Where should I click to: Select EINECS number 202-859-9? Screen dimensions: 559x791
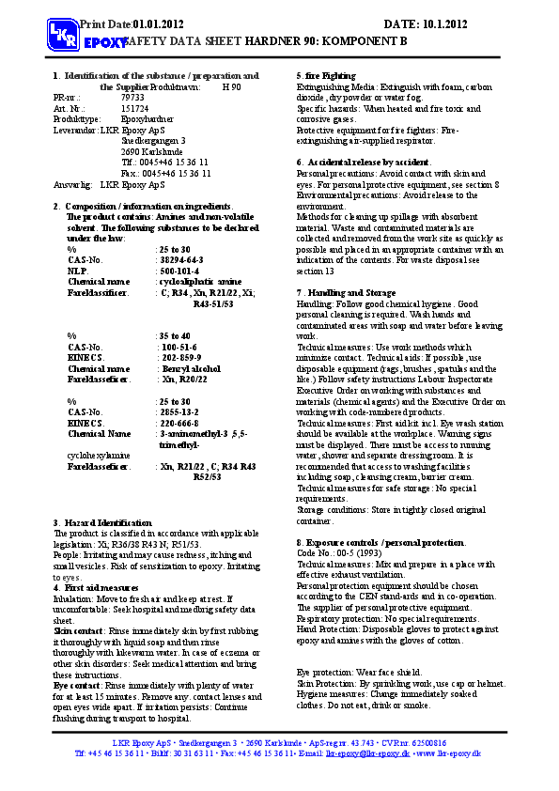(181, 358)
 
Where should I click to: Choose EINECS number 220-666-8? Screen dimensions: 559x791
(181, 424)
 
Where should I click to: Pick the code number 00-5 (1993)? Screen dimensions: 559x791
(352, 553)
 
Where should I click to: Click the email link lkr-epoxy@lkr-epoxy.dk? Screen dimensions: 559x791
(367, 753)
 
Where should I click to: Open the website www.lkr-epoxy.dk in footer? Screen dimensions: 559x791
(448, 753)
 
